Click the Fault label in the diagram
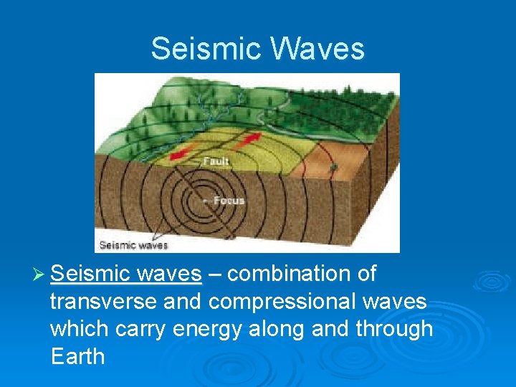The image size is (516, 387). [215, 161]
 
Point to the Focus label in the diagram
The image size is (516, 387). [229, 201]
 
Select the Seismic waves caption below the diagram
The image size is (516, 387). [133, 245]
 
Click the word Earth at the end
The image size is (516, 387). [77, 356]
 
